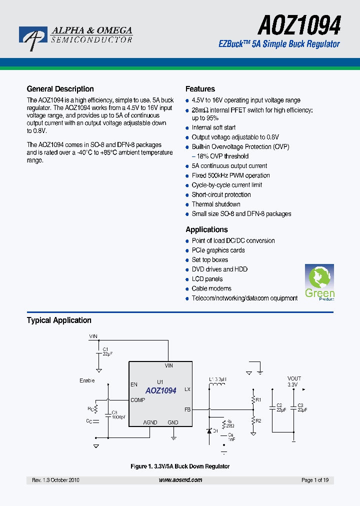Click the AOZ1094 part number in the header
pos(299,24)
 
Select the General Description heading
pos(60,89)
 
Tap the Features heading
pos(200,89)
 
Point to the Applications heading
pos(206,229)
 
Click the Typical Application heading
pos(59,320)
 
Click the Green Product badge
pos(319,282)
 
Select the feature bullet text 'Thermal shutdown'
pos(216,204)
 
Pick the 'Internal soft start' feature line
pos(213,127)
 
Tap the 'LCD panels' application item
pos(207,279)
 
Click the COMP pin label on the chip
pos(137,400)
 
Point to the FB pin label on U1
pos(187,409)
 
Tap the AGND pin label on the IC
pos(150,422)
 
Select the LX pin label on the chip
pos(187,389)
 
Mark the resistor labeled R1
pos(253,399)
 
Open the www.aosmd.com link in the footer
pos(180,480)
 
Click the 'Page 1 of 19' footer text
pos(315,480)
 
